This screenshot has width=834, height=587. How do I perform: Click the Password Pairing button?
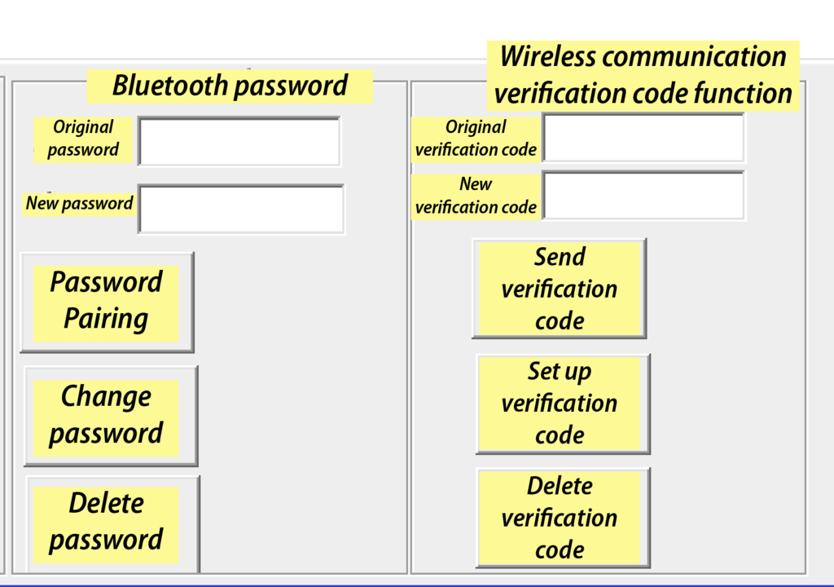[x=107, y=302]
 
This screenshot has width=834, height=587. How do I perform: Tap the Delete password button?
[x=112, y=525]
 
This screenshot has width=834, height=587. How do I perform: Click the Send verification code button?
[x=559, y=288]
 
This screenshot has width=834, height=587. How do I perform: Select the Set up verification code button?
[x=563, y=404]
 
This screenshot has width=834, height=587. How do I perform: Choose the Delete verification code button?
[x=563, y=518]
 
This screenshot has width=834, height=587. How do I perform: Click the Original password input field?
[x=239, y=141]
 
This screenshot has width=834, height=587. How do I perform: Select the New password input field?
[x=241, y=209]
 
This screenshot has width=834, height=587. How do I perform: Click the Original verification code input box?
[x=643, y=138]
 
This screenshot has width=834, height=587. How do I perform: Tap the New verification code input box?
[x=643, y=196]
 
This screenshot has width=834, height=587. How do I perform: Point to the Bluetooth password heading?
[x=230, y=86]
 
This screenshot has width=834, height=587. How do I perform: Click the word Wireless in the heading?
[x=548, y=56]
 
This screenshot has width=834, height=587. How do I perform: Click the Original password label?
[x=83, y=139]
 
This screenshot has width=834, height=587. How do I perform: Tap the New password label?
[x=79, y=203]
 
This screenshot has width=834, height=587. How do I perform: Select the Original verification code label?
[x=476, y=139]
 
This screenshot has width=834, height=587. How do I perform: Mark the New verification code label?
[x=476, y=196]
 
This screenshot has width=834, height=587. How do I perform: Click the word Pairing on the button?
[x=106, y=319]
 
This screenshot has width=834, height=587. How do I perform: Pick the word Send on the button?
[x=560, y=257]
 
